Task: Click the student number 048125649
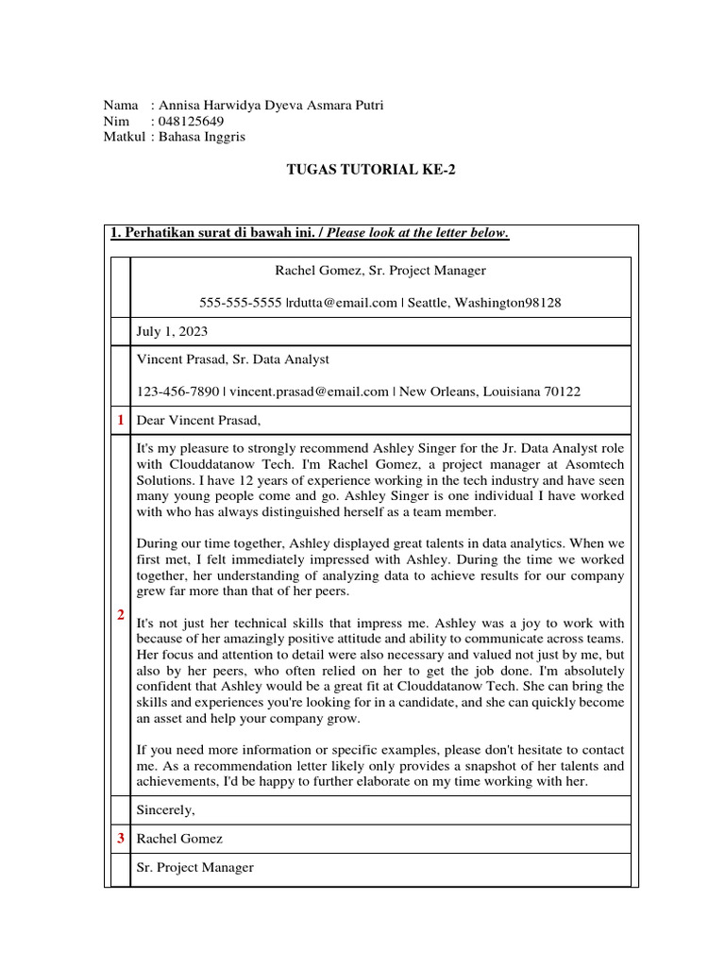click(192, 122)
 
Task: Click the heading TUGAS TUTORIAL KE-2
click(362, 170)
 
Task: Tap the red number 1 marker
click(119, 419)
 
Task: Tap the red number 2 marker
click(119, 615)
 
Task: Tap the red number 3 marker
click(119, 838)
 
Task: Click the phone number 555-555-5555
click(241, 302)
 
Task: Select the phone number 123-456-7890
click(178, 391)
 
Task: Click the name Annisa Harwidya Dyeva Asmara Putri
click(271, 106)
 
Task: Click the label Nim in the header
click(115, 122)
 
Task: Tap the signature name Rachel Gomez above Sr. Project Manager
click(180, 839)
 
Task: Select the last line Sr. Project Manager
click(195, 867)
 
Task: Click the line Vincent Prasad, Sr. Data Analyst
click(233, 359)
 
